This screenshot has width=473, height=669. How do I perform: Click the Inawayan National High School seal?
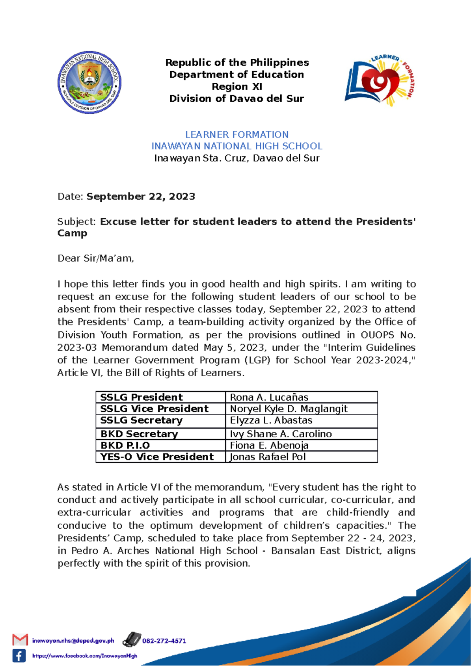[x=89, y=83]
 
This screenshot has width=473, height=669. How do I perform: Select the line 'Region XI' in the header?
[x=236, y=87]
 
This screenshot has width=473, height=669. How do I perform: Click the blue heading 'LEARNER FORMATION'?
[x=236, y=134]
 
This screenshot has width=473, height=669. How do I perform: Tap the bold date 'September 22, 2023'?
[x=141, y=196]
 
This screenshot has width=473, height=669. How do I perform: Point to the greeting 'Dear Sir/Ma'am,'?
[x=96, y=258]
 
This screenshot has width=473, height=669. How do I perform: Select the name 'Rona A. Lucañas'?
[x=269, y=397]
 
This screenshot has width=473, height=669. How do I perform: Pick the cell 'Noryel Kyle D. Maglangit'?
[x=289, y=409]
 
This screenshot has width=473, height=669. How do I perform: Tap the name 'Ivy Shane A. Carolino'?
[x=281, y=434]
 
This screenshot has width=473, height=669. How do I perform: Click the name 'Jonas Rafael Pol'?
[x=268, y=457]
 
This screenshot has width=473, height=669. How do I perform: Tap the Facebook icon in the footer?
[x=19, y=656]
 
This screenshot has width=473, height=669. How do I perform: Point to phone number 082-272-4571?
[x=164, y=641]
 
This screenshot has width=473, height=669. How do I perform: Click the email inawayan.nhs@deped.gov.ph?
[x=73, y=641]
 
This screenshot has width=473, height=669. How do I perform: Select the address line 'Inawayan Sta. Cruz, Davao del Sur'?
[x=236, y=158]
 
